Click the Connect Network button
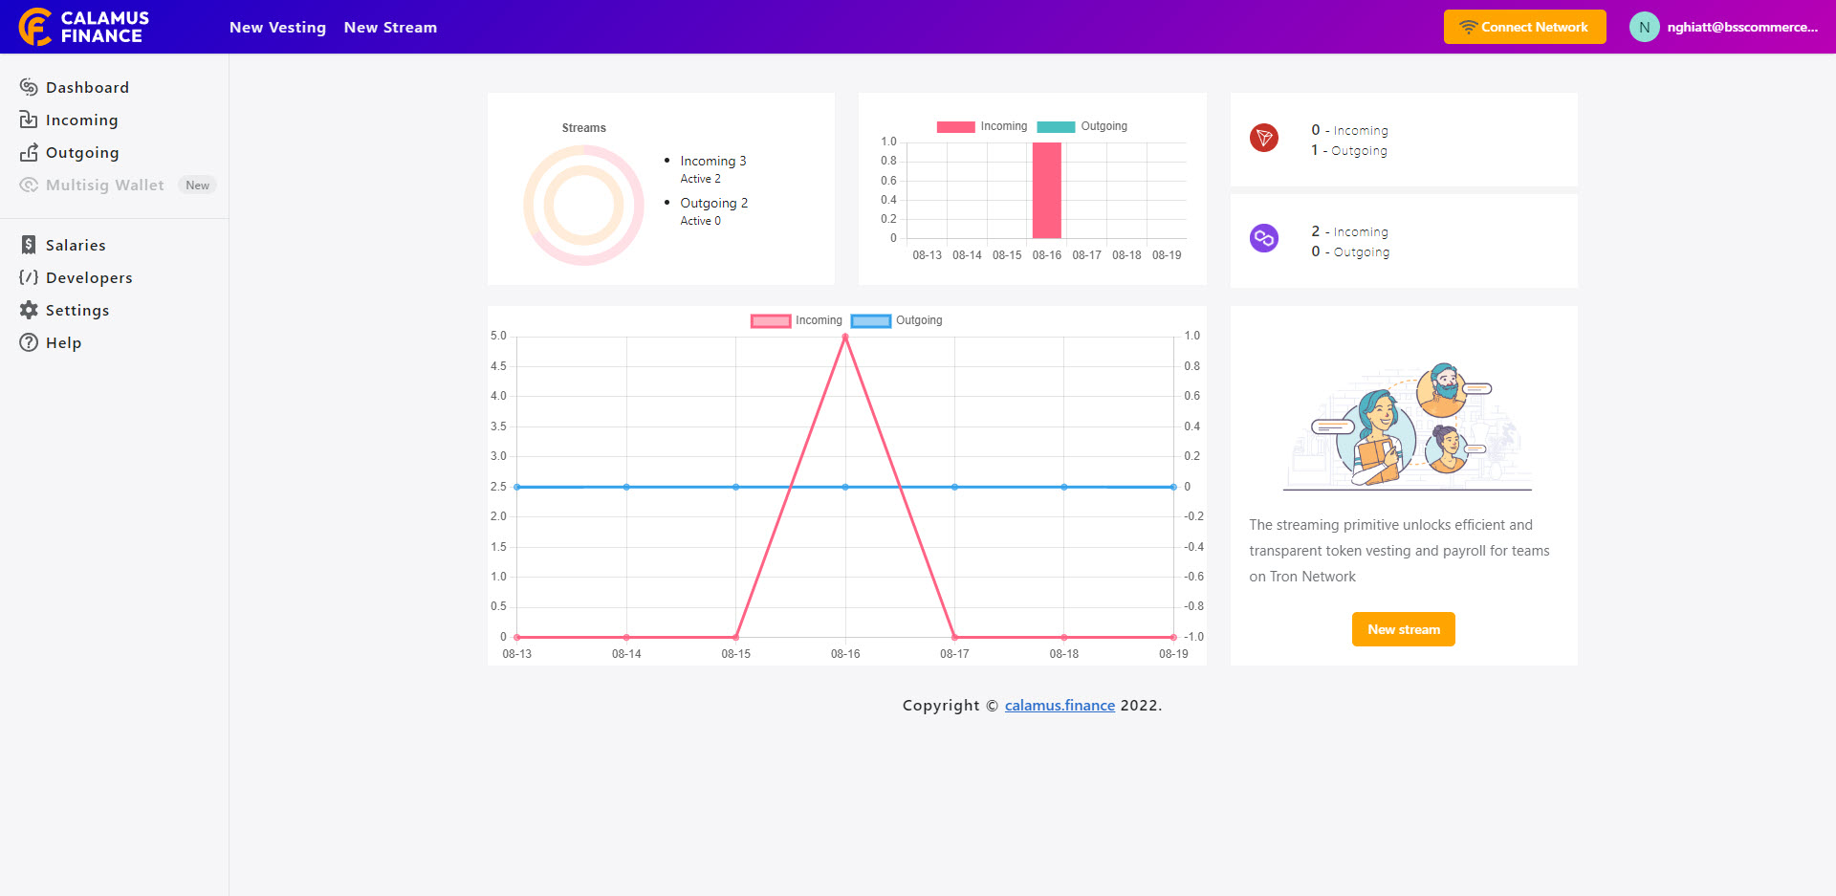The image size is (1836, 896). (1524, 27)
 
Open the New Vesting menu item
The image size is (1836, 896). (277, 28)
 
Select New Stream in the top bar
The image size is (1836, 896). (390, 28)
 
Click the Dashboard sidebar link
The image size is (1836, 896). (87, 87)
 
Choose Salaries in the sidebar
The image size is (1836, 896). (76, 245)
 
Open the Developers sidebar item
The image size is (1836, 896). (89, 277)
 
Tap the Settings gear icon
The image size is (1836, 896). (29, 310)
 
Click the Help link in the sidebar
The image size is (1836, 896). (63, 342)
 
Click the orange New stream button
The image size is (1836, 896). (1403, 629)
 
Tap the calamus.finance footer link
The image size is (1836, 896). (1060, 705)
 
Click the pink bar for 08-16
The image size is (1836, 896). (1046, 190)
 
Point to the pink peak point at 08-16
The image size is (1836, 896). (845, 337)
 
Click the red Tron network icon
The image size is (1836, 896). (1264, 138)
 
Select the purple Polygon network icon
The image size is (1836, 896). (1264, 238)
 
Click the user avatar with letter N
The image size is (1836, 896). (1644, 27)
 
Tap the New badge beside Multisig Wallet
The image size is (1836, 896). (197, 186)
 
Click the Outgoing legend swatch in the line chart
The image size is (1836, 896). (870, 321)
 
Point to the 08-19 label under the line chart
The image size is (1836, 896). (1173, 654)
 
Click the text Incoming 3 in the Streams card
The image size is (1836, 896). (712, 161)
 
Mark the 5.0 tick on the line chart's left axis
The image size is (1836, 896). (498, 336)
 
